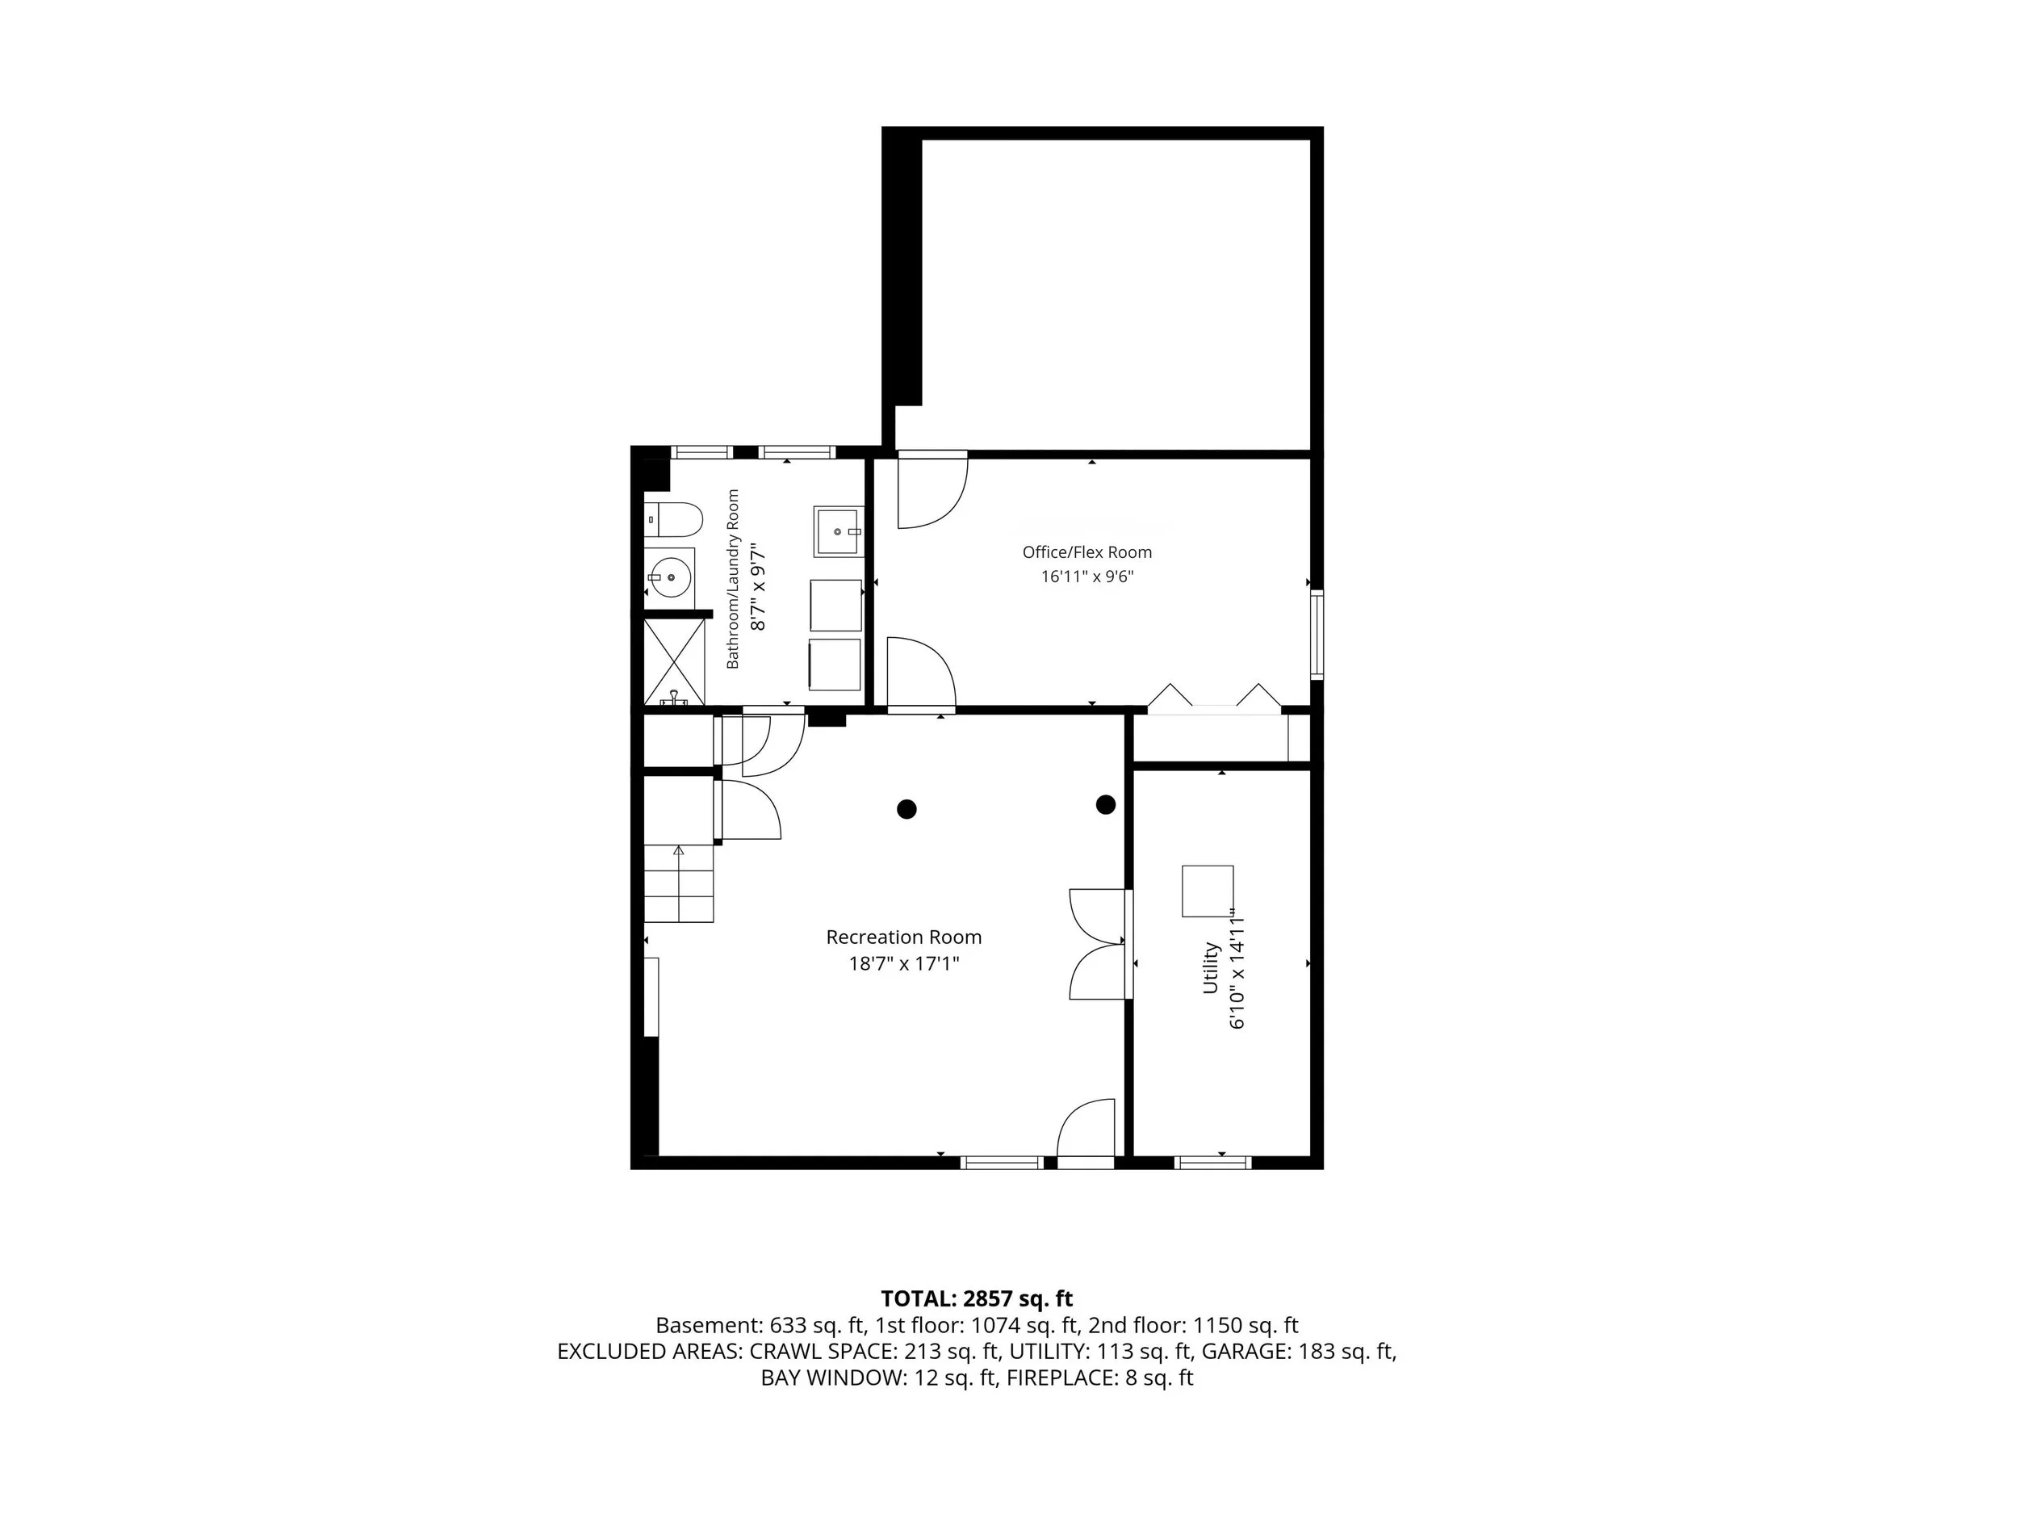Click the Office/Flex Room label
pos(1086,552)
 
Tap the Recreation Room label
pos(904,937)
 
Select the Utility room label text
pos(1210,967)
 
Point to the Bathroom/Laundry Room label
pos(733,580)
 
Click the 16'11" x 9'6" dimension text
pos(1086,577)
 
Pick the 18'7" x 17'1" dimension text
pos(904,963)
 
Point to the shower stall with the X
pos(674,661)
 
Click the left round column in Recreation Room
pos(906,808)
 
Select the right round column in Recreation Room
pos(1106,805)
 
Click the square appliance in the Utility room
pos(1208,891)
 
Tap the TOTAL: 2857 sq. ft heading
pos(976,1298)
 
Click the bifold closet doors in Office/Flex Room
pos(1214,695)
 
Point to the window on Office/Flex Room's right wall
pos(1317,634)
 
